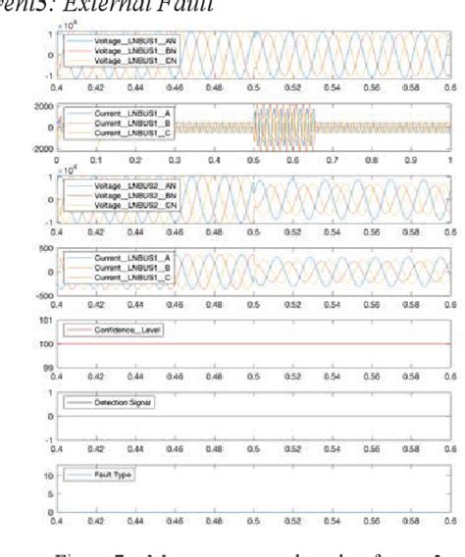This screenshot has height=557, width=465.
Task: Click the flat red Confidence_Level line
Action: (x=294, y=344)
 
